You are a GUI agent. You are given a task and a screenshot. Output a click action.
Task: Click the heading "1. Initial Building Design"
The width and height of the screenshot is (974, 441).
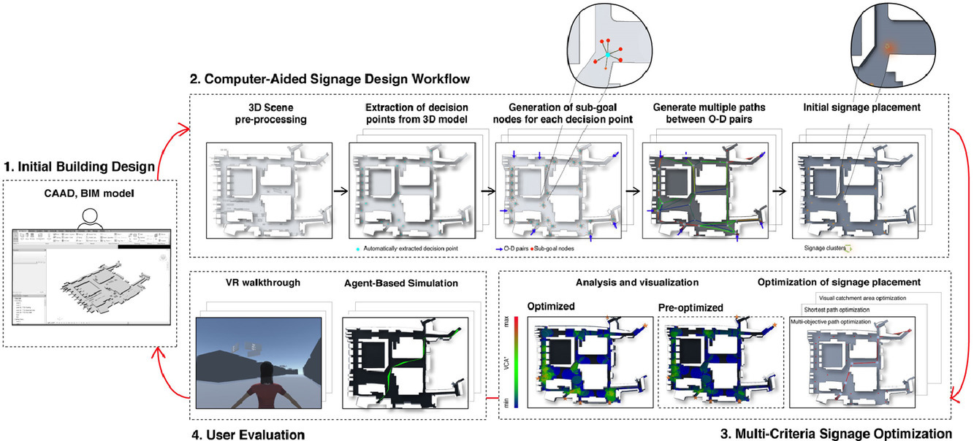80,167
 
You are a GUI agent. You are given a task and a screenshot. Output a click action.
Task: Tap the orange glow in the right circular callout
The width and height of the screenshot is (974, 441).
888,47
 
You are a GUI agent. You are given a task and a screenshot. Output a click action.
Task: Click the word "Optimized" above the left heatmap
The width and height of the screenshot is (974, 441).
550,307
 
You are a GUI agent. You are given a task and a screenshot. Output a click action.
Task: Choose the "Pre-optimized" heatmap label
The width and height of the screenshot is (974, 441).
690,307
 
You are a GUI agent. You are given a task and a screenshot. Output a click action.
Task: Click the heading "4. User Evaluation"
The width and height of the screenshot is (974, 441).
248,435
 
